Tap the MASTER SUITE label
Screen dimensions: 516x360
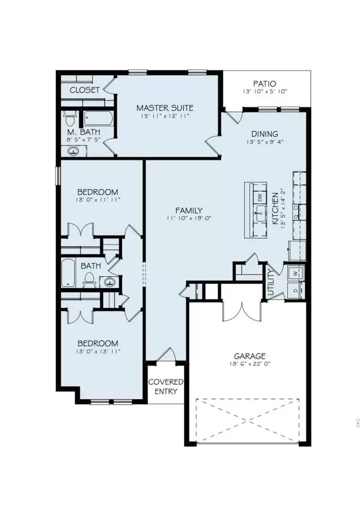coord(164,108)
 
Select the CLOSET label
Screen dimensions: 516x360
coord(85,90)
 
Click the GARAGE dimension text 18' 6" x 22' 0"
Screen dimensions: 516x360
coord(249,364)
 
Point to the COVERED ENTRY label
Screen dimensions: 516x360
coord(165,387)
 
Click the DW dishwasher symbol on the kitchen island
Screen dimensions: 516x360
coord(260,197)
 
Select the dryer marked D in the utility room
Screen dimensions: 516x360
coord(294,290)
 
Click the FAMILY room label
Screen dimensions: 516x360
coord(189,210)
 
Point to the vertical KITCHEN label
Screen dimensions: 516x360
coord(275,209)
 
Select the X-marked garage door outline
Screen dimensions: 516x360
coord(248,420)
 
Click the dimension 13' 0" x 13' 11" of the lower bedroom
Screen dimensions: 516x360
coord(98,352)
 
